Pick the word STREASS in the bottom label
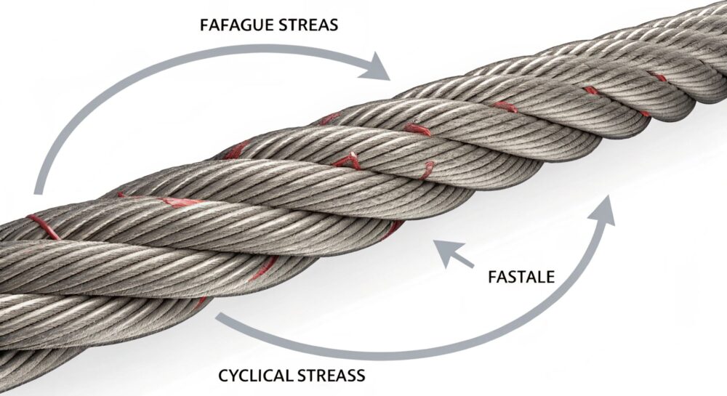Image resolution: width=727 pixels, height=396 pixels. click(x=337, y=376)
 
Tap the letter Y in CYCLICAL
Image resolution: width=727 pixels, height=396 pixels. click(x=234, y=376)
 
